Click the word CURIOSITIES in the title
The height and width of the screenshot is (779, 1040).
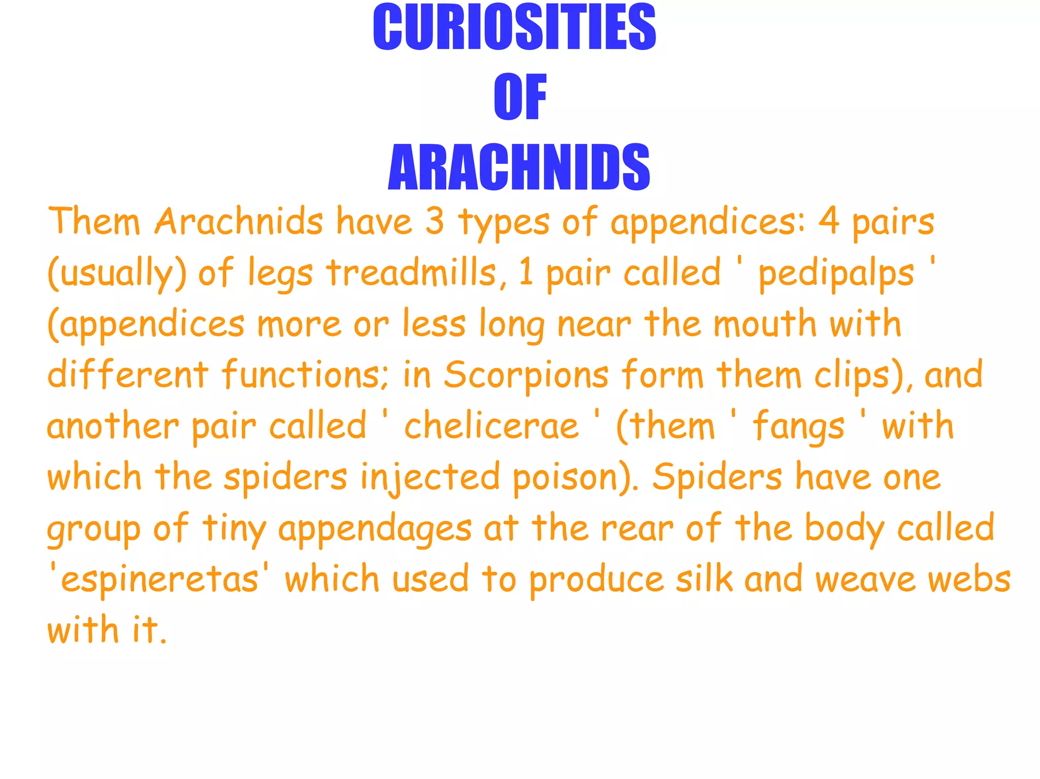514,27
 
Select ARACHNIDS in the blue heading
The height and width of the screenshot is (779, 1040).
518,167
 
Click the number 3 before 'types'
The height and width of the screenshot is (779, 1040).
434,222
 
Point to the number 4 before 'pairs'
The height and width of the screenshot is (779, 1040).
829,222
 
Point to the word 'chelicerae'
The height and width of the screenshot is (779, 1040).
491,426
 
